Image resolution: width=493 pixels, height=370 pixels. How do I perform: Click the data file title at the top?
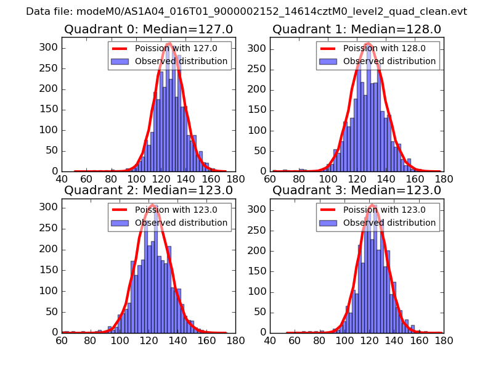(x=246, y=12)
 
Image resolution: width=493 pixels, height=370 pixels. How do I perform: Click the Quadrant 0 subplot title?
(x=149, y=29)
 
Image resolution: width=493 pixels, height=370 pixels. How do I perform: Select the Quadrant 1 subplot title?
(x=357, y=29)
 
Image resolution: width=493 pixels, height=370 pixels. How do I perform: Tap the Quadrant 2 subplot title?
(x=149, y=190)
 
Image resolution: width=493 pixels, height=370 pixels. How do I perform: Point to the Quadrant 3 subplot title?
(x=357, y=190)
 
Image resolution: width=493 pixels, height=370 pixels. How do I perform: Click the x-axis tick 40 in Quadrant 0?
(x=62, y=179)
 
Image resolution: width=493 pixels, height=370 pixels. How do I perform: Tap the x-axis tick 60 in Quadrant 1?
(x=271, y=179)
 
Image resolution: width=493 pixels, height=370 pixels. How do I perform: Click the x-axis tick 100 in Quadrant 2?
(x=120, y=340)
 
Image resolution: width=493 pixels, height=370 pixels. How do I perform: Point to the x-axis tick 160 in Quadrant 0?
(x=207, y=179)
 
